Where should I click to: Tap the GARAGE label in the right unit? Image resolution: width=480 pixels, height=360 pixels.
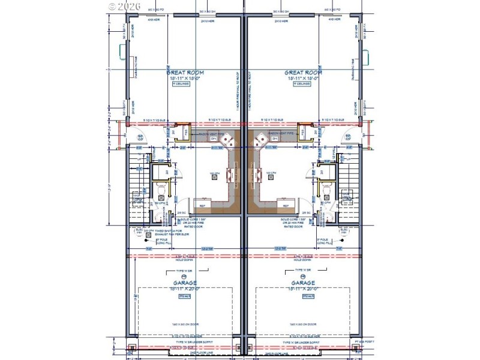coord(303,283)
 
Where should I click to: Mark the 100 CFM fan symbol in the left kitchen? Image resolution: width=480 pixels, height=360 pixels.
coord(212,174)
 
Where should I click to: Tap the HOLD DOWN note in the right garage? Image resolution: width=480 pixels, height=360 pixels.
coord(303,259)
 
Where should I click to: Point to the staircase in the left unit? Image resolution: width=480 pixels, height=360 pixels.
coord(138,180)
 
